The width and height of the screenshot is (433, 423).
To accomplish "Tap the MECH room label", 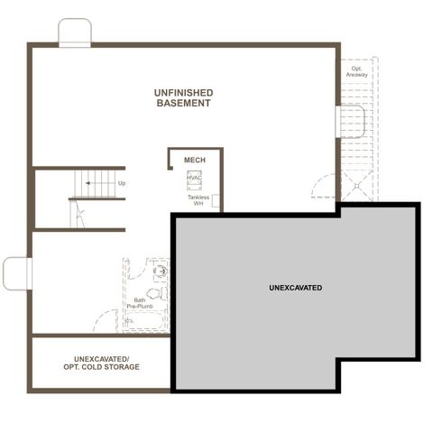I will click(194, 160).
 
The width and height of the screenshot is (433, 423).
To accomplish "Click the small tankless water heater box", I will click(216, 207).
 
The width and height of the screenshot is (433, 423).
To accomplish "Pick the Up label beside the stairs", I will click(122, 183).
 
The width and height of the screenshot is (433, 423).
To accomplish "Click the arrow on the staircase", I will click(90, 183).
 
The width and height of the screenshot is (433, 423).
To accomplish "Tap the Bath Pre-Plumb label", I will click(140, 304).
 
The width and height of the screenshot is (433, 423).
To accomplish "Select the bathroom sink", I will click(161, 270).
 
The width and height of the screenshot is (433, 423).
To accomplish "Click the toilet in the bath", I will click(154, 294).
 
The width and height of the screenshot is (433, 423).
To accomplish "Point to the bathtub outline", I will click(145, 321).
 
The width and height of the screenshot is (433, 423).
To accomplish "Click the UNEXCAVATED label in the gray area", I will click(295, 288).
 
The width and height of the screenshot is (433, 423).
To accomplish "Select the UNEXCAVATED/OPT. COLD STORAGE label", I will click(101, 363).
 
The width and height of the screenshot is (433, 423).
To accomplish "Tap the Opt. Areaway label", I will click(355, 71).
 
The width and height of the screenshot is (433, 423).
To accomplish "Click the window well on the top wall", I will click(75, 32).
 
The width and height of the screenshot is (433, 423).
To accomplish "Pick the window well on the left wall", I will click(15, 273).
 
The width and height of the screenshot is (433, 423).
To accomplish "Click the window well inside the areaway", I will click(348, 120).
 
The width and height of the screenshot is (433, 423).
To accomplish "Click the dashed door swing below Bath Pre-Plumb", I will click(106, 320).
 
